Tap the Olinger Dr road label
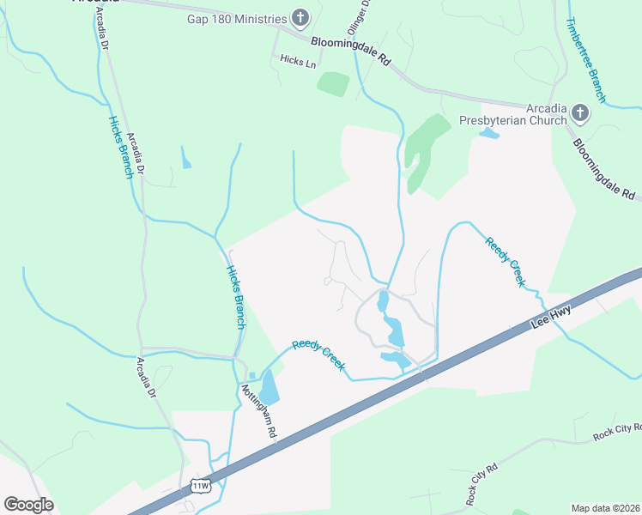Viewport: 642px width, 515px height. click(x=363, y=15)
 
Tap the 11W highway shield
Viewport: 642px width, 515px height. click(x=200, y=486)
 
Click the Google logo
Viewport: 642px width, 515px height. click(x=28, y=504)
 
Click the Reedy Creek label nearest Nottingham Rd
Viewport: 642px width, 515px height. click(x=318, y=355)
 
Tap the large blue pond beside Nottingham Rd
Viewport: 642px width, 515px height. click(x=270, y=387)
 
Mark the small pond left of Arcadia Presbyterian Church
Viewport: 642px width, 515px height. click(x=488, y=133)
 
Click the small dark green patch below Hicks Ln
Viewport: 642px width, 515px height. click(x=333, y=84)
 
